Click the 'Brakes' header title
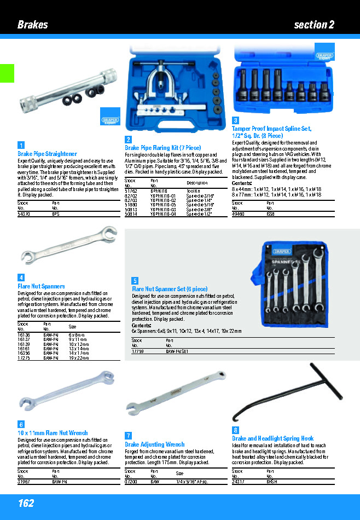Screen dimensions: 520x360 point(32,25)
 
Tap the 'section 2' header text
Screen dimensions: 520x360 point(313,25)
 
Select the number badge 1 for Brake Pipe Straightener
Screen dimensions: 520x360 point(21,145)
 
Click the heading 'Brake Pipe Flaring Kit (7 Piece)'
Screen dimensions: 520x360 point(162,148)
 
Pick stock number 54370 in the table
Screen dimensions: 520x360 point(24,215)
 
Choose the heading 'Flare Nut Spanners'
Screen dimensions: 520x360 point(41,286)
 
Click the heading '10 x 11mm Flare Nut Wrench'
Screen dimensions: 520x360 point(53,433)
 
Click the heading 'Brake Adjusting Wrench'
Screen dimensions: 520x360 point(155,444)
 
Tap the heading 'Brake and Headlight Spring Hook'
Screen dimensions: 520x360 point(272,438)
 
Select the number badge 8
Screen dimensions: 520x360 point(235,430)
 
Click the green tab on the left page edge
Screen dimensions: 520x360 point(7,73)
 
